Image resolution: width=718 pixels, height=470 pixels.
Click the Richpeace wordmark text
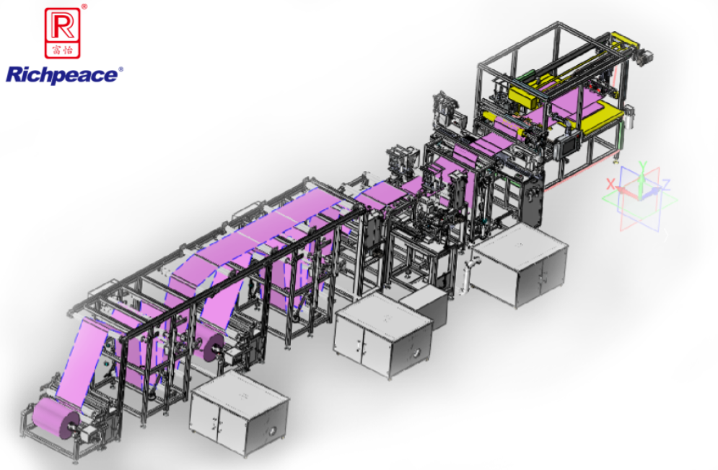pos(61,75)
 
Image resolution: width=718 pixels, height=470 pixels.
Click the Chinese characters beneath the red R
pos(63,50)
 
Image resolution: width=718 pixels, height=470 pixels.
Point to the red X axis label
pos(610,184)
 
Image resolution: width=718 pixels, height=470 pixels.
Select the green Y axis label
pos(642,166)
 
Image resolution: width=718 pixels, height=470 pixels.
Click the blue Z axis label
pos(666,185)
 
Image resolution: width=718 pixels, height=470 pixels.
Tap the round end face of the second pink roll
pos(214,347)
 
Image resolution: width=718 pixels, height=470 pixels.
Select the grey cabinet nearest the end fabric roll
pos(239,413)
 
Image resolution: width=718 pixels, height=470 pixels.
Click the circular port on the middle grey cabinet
pos(416,353)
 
